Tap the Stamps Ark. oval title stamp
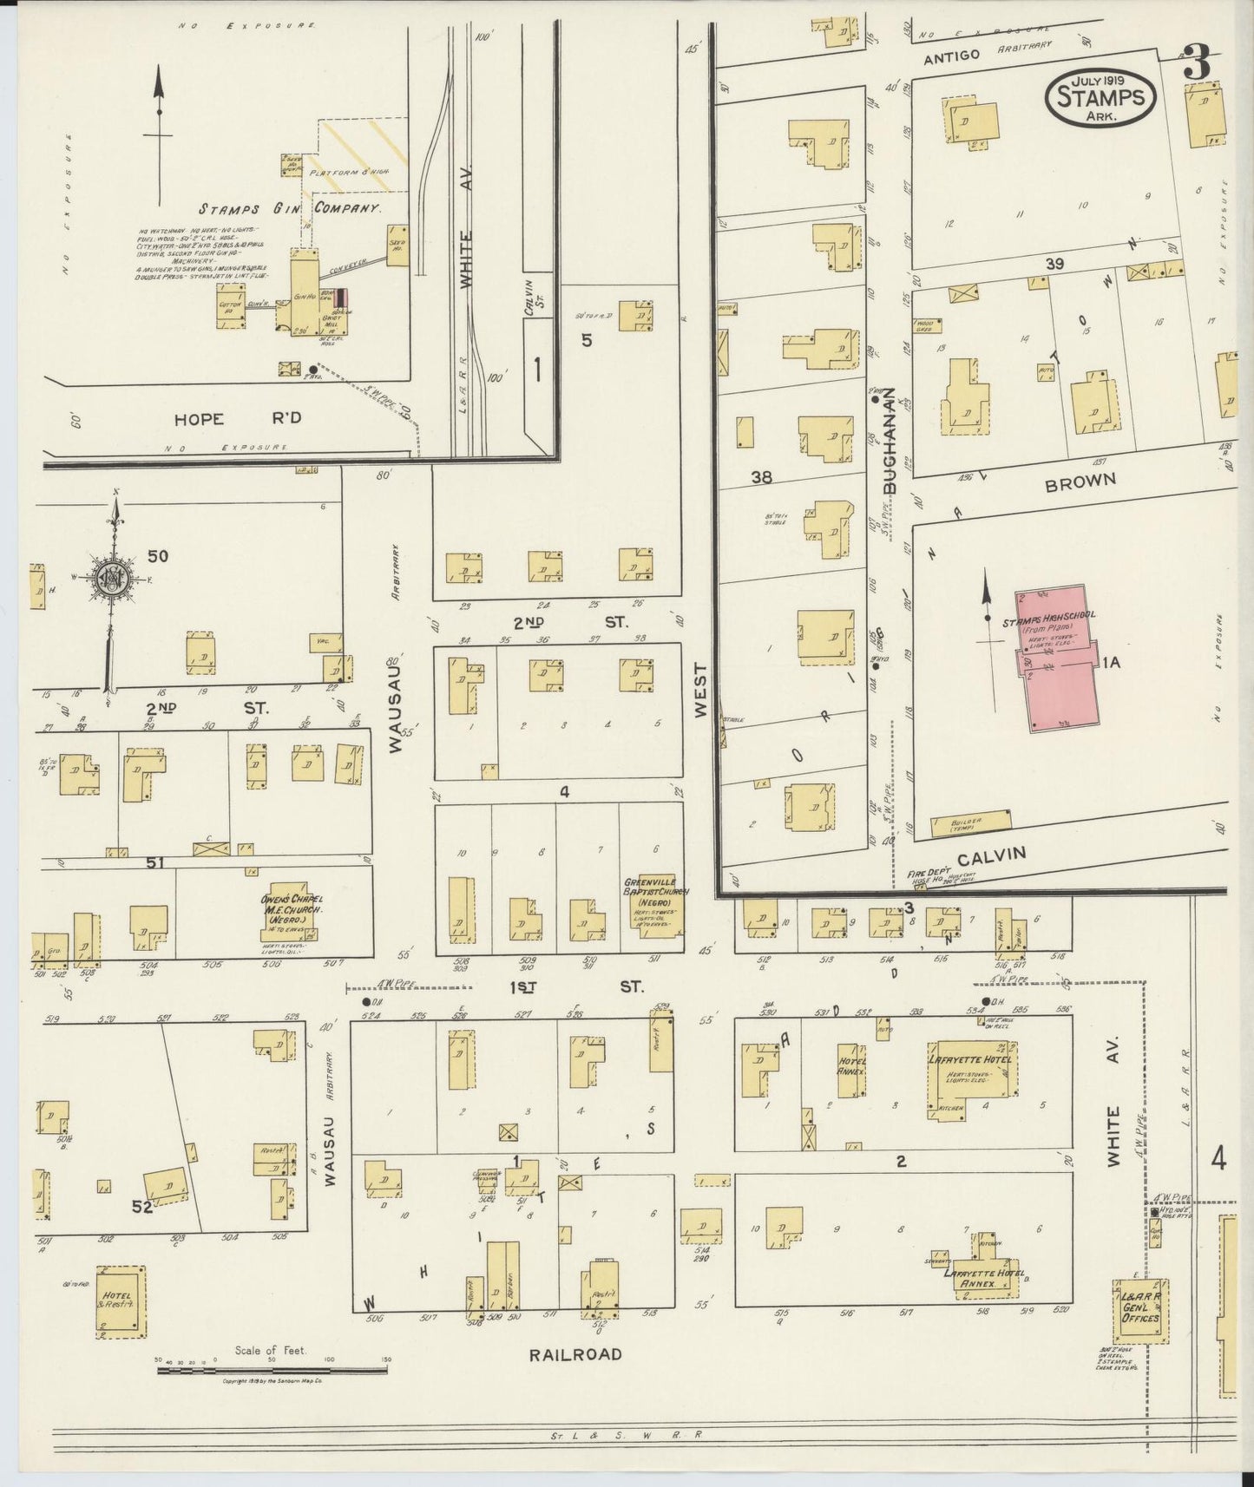pos(1100,97)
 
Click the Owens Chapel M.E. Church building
pos(292,913)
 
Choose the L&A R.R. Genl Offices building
pos(1140,1310)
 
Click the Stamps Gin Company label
pos(290,208)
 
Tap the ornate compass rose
pos(112,581)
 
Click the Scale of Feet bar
pos(272,1371)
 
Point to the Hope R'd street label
pos(238,419)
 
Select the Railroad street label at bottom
pos(575,1353)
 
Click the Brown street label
pos(1080,482)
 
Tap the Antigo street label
pos(951,56)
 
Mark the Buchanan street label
pos(889,441)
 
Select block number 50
pos(158,556)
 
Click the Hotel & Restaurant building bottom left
pos(120,1300)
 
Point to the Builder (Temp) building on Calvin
pos(970,823)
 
